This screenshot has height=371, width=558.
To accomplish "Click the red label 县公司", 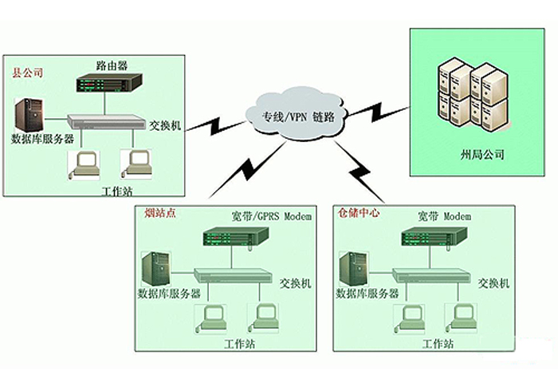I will [27, 73].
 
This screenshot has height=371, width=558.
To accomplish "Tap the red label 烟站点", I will [159, 214].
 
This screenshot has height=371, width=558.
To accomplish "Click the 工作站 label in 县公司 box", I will [118, 191].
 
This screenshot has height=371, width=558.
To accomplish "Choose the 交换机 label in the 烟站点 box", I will [295, 282].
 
